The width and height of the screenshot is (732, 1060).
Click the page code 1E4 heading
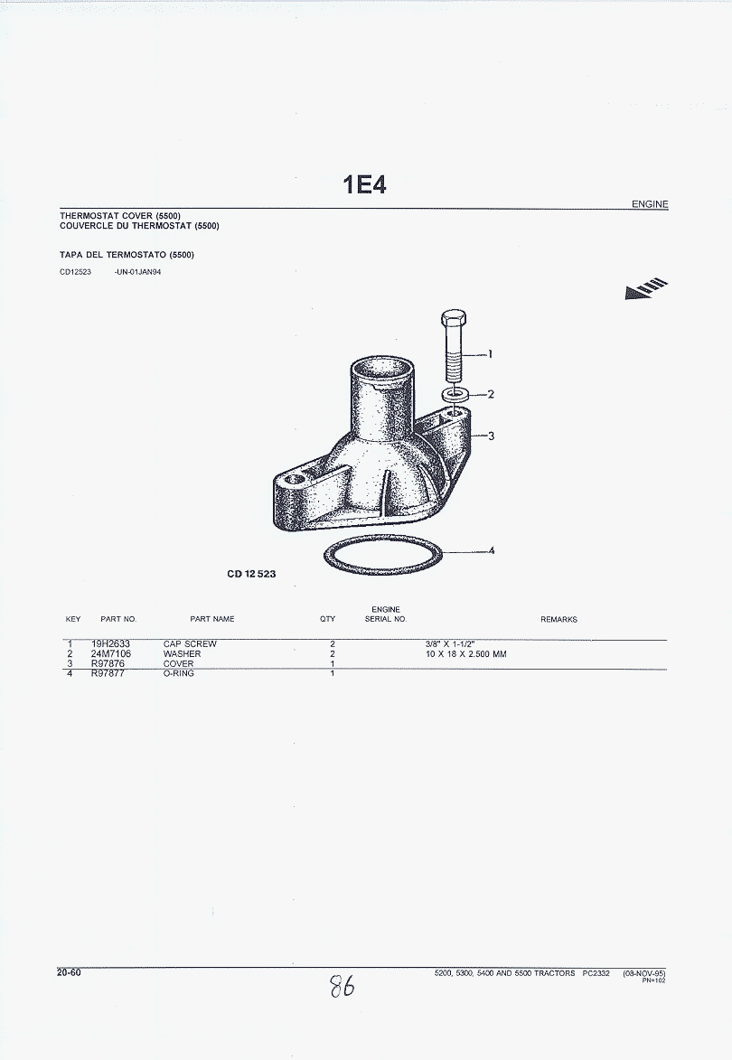(365, 184)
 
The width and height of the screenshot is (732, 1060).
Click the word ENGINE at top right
(650, 203)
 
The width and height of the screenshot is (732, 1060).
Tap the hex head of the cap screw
(453, 317)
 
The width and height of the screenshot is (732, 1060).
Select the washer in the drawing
(455, 394)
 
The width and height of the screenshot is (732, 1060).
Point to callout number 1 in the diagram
(490, 353)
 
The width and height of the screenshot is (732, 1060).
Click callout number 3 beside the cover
(491, 436)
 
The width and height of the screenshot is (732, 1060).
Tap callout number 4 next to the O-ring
(492, 550)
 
